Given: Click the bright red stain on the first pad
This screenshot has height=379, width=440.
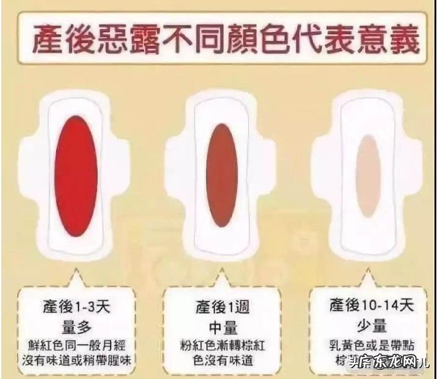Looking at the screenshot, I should pos(76,176).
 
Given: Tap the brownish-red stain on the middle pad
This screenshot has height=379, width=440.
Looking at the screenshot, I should pos(222,175).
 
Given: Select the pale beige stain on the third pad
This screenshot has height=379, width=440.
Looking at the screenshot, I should pos(369,176).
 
